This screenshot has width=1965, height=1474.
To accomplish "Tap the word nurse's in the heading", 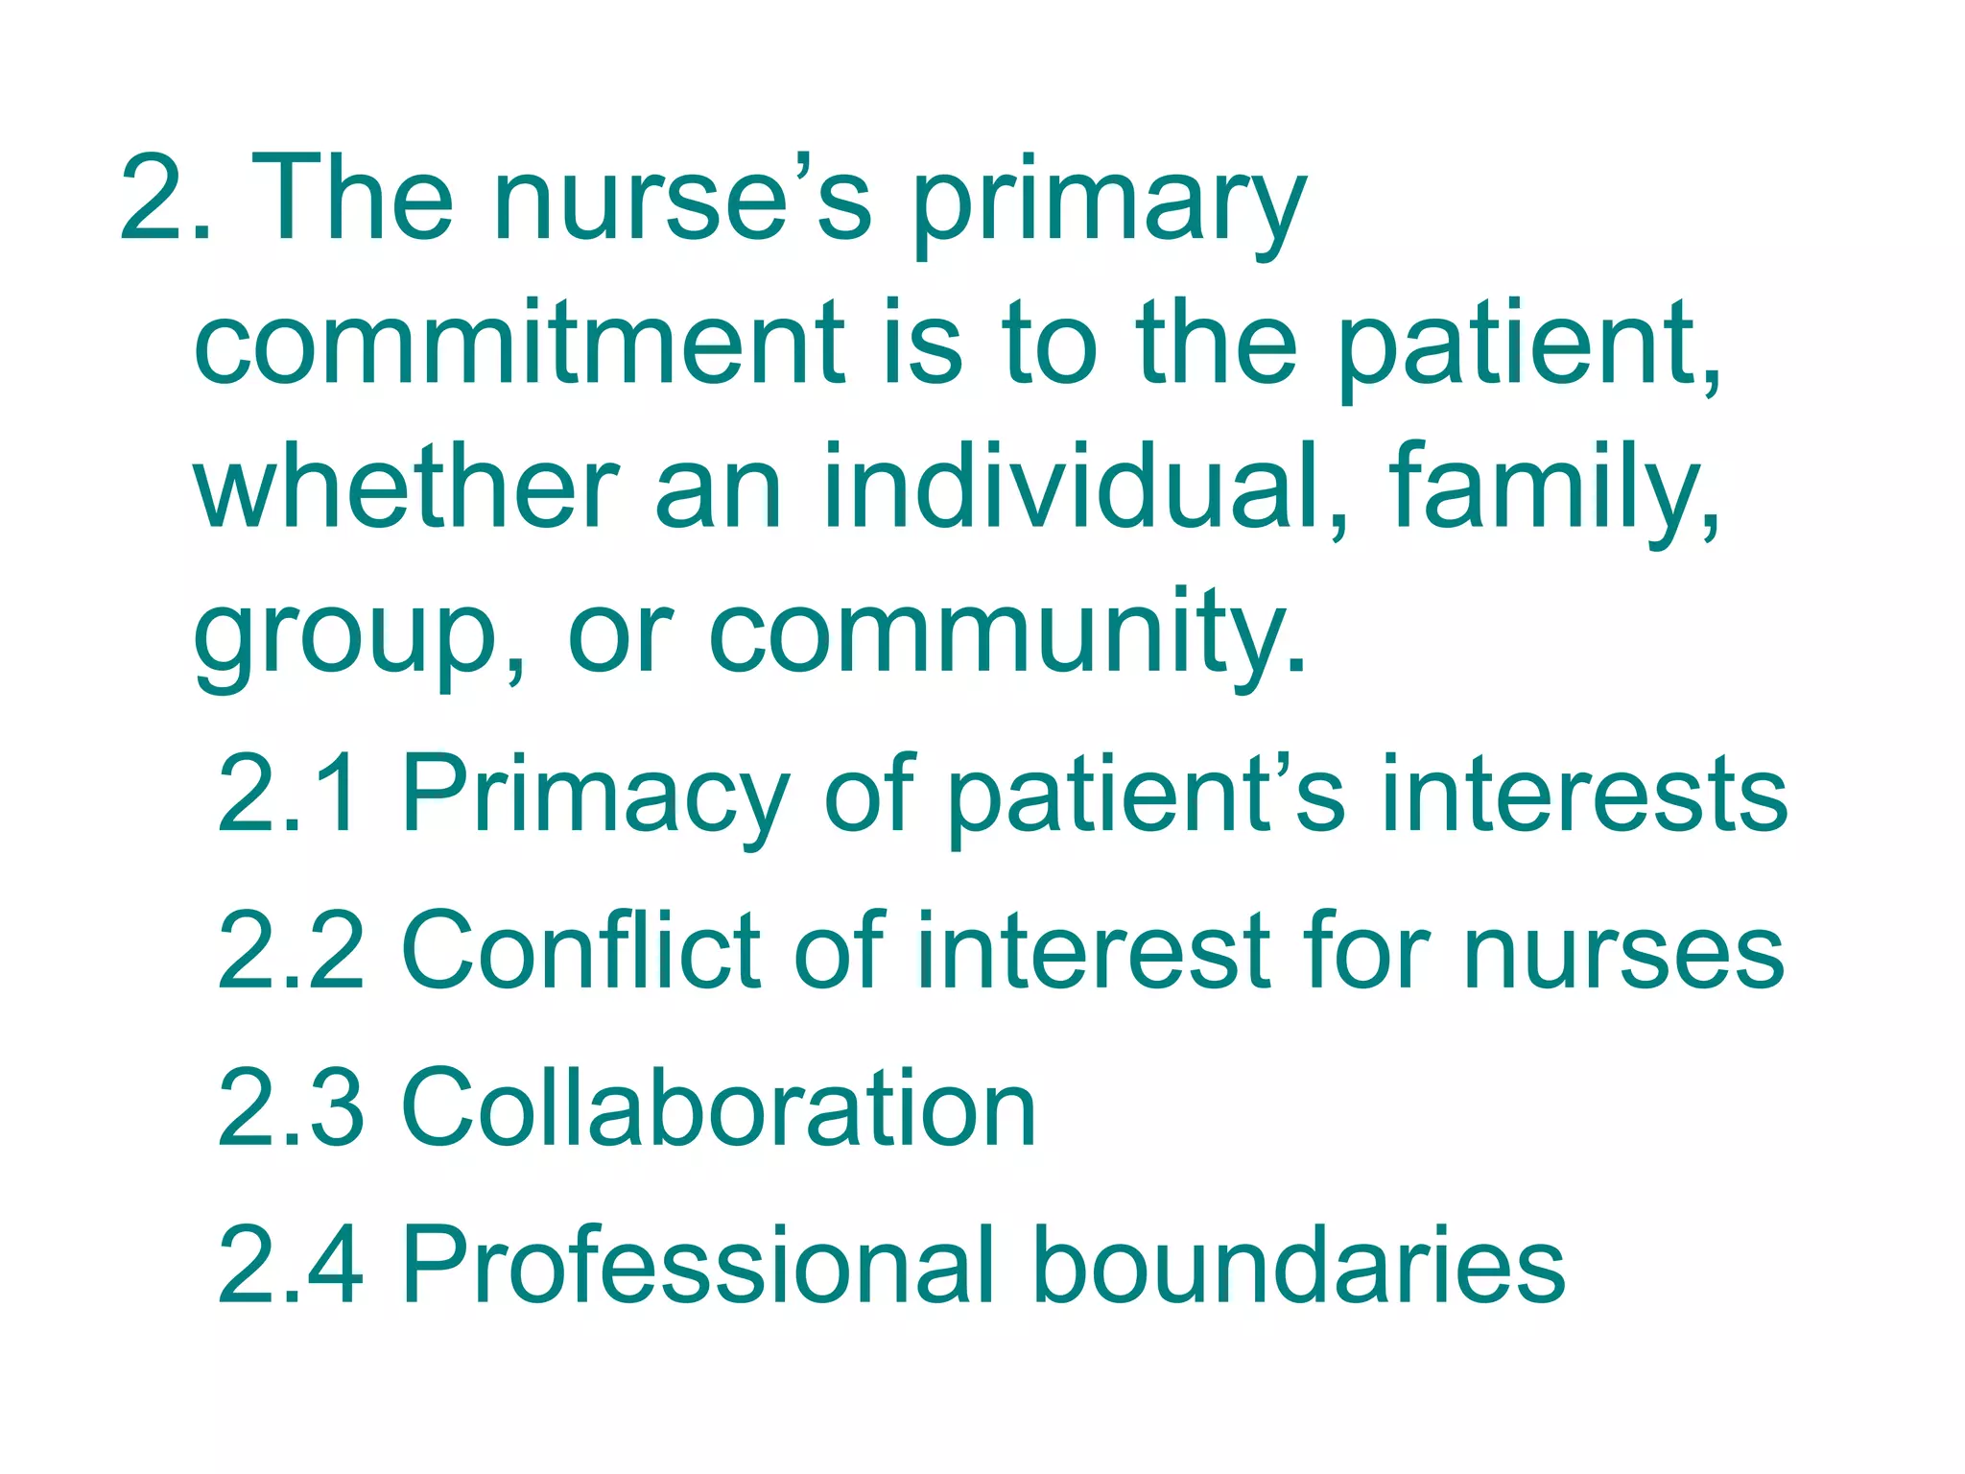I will (x=682, y=202).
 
